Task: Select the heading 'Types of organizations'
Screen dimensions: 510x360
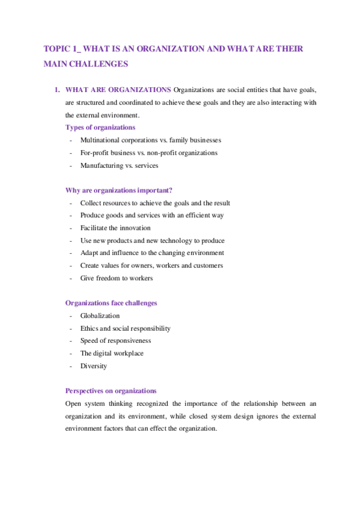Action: pyautogui.click(x=100, y=127)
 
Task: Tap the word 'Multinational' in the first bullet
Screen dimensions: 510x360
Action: pyautogui.click(x=99, y=140)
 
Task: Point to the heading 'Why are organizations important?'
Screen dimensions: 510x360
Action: pyautogui.click(x=118, y=191)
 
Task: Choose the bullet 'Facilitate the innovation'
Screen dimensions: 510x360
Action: pyautogui.click(x=115, y=228)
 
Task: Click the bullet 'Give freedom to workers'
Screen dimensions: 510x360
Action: pyautogui.click(x=116, y=278)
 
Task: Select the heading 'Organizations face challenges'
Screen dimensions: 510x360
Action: pyautogui.click(x=111, y=303)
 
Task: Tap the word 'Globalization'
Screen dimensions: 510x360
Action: pyautogui.click(x=100, y=316)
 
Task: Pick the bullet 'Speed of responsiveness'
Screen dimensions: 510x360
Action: pyautogui.click(x=115, y=341)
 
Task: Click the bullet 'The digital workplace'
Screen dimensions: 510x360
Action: pyautogui.click(x=112, y=354)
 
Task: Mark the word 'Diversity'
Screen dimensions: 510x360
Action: pyautogui.click(x=93, y=366)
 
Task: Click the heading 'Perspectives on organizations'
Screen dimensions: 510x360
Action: pyautogui.click(x=111, y=391)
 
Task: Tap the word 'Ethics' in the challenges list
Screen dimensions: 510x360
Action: pyautogui.click(x=89, y=328)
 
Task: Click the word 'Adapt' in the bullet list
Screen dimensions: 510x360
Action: pyautogui.click(x=89, y=253)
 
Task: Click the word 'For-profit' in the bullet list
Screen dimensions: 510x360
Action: pyautogui.click(x=95, y=153)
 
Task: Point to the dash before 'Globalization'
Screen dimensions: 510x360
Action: pyautogui.click(x=71, y=316)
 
